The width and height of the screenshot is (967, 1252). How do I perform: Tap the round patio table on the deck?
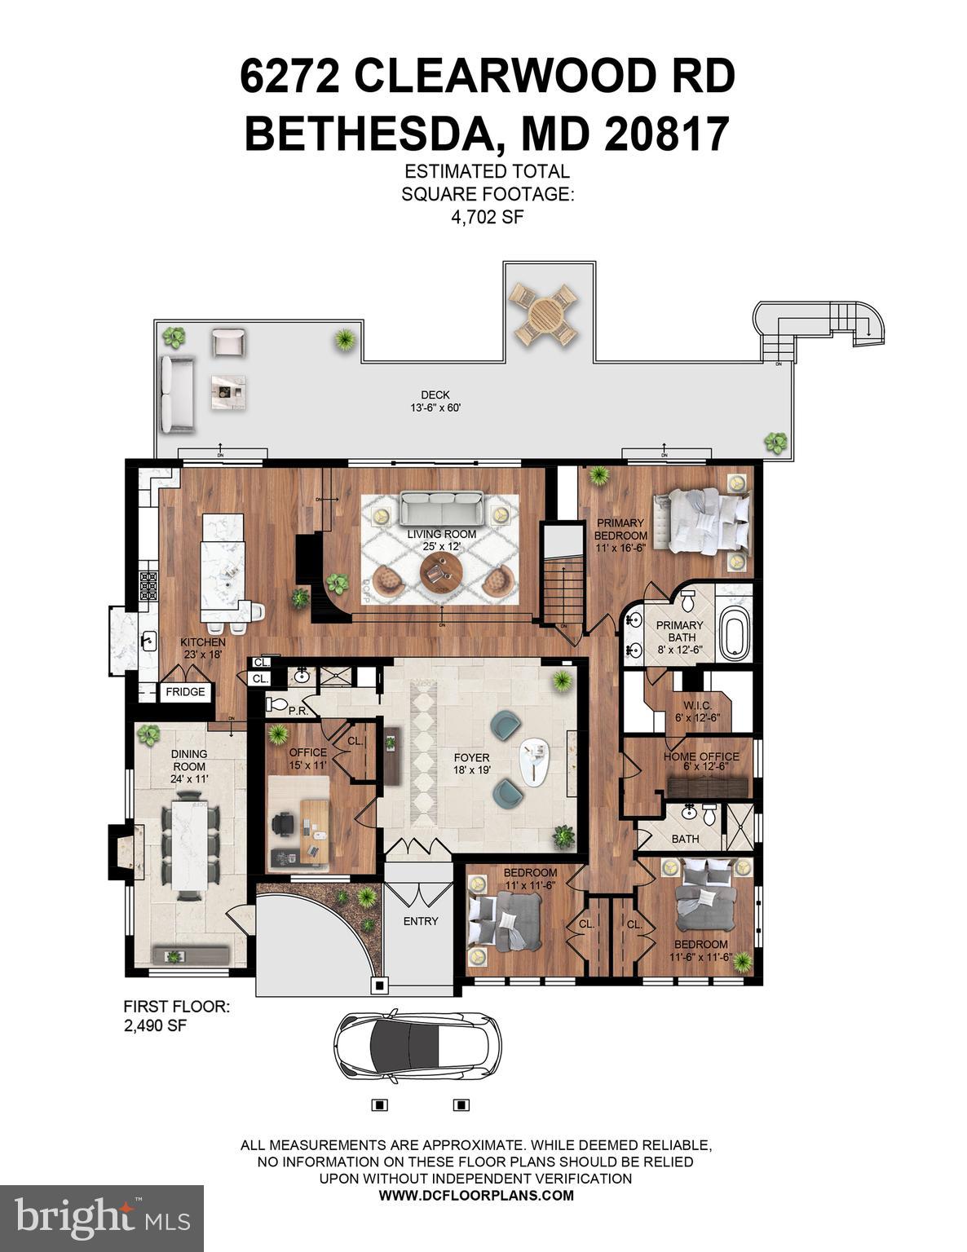point(543,315)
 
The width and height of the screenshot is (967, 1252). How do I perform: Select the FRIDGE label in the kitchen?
point(186,692)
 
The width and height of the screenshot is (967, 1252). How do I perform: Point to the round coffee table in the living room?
point(441,573)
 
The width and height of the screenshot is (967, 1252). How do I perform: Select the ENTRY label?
point(421,921)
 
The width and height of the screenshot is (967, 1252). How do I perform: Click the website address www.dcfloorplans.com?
point(476,1196)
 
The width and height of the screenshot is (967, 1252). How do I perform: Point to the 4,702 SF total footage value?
point(487,218)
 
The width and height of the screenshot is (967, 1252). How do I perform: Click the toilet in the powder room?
point(277,704)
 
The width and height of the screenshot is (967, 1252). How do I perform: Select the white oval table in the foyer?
point(534,764)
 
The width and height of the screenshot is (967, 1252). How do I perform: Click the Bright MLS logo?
point(101,1218)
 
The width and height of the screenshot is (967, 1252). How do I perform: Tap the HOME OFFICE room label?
point(700,756)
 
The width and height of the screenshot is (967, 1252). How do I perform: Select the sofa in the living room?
point(440,509)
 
